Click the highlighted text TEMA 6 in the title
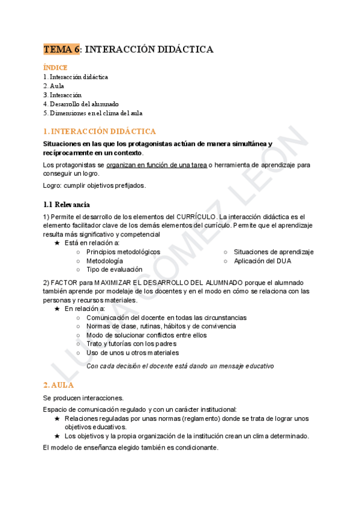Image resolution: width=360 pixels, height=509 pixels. [62, 49]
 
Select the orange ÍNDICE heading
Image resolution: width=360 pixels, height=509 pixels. [55, 68]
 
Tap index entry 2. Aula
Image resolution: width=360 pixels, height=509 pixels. [54, 86]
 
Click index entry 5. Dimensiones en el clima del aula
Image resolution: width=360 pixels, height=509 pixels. [93, 113]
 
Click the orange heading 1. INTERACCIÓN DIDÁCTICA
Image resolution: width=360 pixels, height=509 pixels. [100, 131]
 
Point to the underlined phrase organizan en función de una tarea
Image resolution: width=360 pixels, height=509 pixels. [157, 164]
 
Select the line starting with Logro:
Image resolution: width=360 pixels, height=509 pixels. [94, 185]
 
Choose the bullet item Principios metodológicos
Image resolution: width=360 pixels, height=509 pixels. [123, 252]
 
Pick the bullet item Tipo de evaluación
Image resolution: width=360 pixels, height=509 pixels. [114, 270]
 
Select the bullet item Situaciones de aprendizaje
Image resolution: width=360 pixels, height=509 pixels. [274, 252]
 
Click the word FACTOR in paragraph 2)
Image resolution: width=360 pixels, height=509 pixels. [64, 282]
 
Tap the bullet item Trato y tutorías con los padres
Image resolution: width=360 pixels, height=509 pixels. [131, 344]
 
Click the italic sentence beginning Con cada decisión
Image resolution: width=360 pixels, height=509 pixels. [180, 366]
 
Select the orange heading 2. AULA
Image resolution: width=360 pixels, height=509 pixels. [59, 385]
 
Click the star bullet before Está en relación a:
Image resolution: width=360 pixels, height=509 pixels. [57, 243]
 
